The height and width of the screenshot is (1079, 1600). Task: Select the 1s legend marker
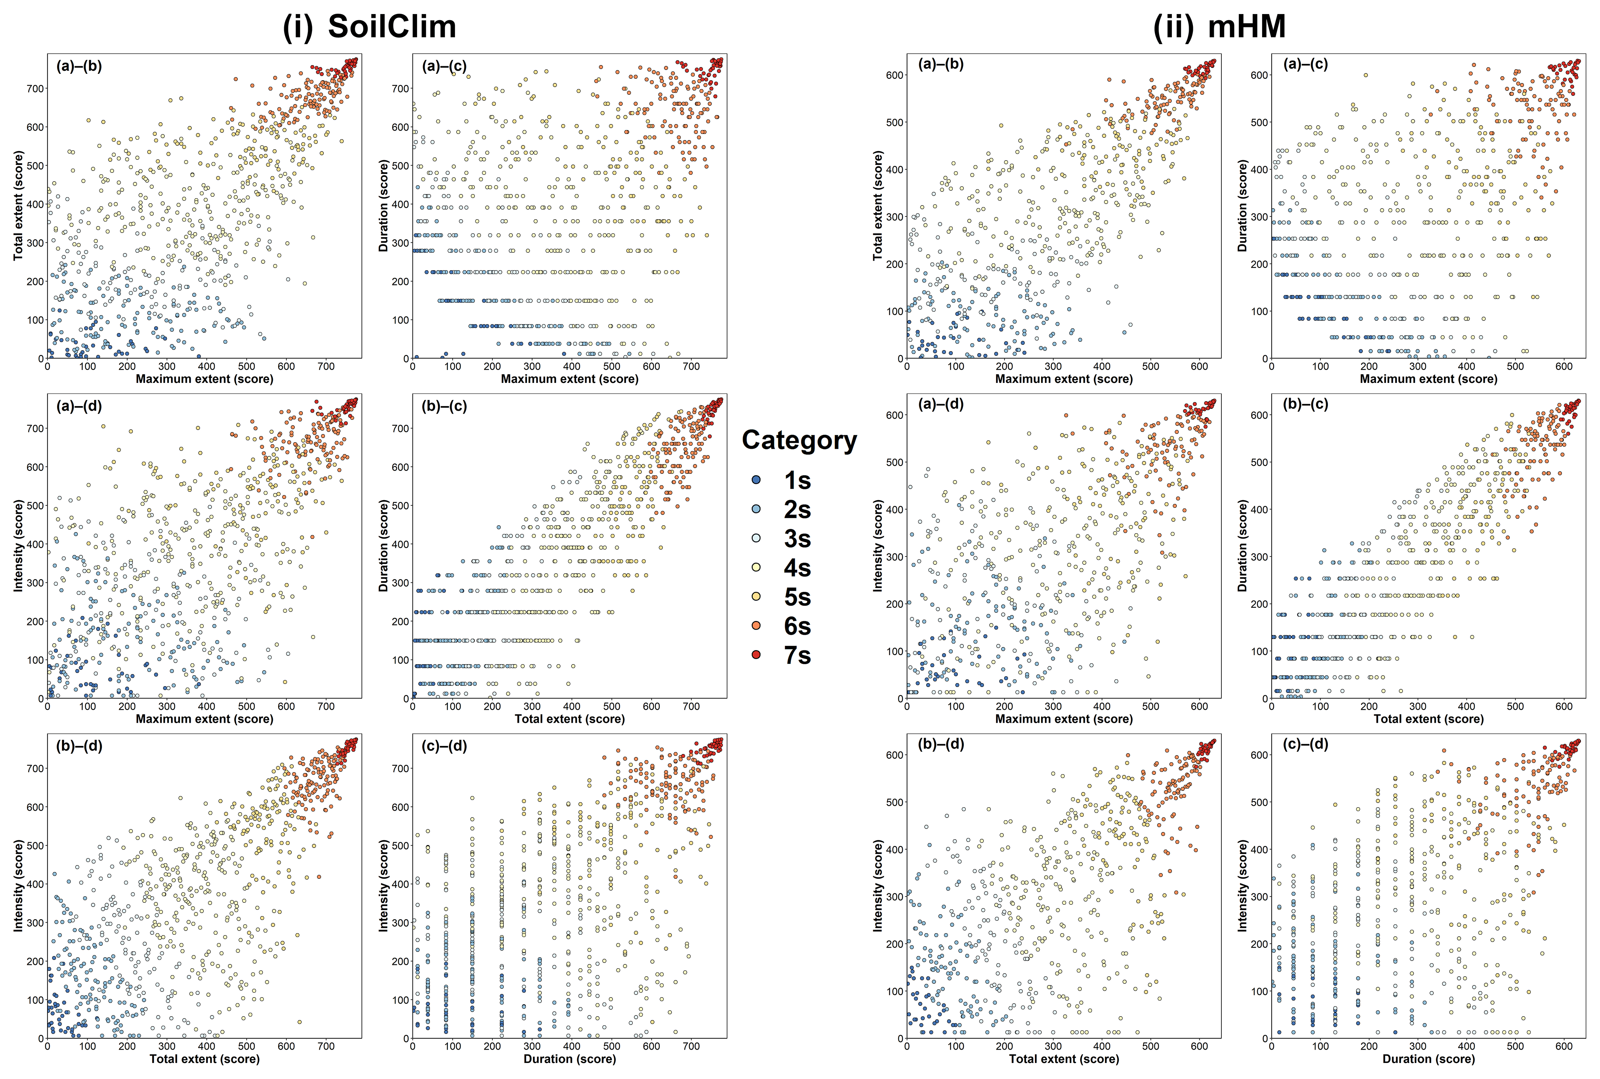click(756, 480)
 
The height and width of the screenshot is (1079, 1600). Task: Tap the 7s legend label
click(797, 655)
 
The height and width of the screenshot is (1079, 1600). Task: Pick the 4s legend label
click(797, 568)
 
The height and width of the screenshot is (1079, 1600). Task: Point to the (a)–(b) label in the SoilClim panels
click(79, 66)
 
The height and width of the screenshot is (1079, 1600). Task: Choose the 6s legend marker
click(756, 626)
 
